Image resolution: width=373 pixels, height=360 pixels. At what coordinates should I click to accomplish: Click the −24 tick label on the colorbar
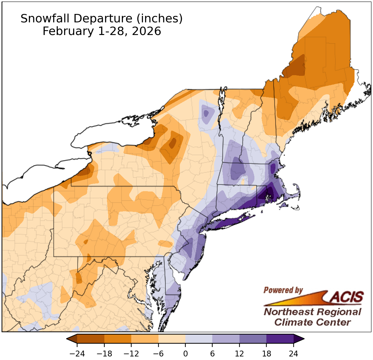click(77, 354)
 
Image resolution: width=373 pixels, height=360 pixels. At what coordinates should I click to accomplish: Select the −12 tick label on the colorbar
click(131, 354)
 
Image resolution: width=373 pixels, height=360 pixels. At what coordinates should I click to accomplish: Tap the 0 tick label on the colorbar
click(185, 354)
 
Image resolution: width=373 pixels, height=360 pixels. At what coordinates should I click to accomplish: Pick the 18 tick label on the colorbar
click(266, 354)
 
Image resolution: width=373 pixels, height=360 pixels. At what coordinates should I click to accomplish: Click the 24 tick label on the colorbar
click(294, 354)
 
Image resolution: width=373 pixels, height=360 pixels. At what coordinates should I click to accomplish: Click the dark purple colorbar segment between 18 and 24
click(280, 339)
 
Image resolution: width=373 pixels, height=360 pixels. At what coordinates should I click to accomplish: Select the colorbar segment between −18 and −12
click(118, 339)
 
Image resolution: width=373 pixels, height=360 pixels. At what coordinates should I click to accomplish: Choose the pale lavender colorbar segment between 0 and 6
click(199, 339)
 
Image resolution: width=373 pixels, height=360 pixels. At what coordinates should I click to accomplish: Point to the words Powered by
click(283, 290)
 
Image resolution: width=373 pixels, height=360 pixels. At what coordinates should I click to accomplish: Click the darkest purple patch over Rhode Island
click(268, 195)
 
